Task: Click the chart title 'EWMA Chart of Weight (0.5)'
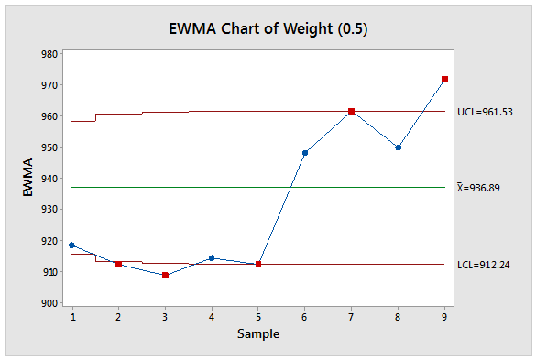[x=268, y=28]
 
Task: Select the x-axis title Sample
[x=257, y=334]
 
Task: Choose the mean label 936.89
[x=485, y=188]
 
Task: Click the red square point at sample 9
[x=444, y=80]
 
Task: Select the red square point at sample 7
[x=351, y=111]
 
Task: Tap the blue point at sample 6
[x=305, y=153]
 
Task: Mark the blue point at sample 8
[x=398, y=147]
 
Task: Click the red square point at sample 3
[x=165, y=275]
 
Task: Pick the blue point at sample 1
[x=71, y=245]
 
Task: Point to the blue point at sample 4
[x=212, y=258]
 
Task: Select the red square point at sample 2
[x=118, y=264]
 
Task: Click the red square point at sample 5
[x=258, y=264]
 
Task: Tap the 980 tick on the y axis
[x=50, y=54]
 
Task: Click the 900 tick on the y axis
[x=50, y=303]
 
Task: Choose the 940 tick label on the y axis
[x=50, y=179]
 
